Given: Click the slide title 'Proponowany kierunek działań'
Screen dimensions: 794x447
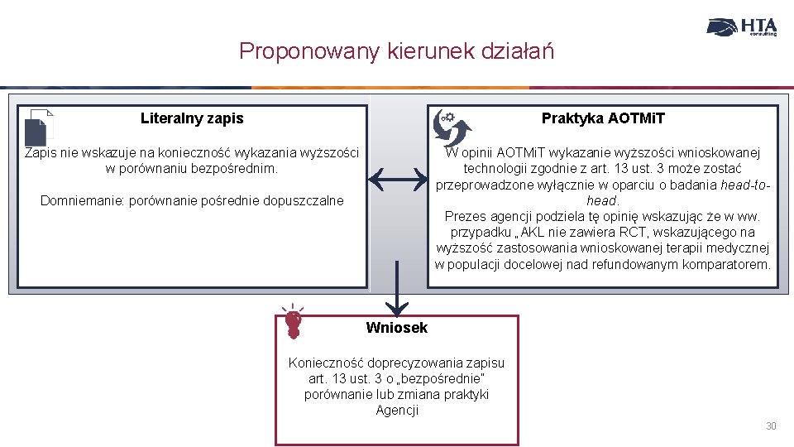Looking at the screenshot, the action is [396, 51].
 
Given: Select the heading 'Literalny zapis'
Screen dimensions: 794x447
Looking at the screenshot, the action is [192, 118].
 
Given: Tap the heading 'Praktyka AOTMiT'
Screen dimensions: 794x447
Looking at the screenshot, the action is [603, 118].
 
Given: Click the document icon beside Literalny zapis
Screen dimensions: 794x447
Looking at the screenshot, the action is [39, 128].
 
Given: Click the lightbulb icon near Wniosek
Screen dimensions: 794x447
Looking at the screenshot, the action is [292, 321].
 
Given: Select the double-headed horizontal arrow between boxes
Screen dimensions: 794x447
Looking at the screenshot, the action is [397, 176].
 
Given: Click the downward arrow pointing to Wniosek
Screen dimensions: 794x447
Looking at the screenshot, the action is [397, 290].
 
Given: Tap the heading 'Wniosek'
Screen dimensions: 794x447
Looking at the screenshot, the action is [397, 328].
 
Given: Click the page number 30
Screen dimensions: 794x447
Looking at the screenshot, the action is [771, 426].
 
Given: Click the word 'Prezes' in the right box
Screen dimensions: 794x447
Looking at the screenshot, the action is [465, 217].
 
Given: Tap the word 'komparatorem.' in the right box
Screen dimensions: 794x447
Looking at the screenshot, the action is [727, 265].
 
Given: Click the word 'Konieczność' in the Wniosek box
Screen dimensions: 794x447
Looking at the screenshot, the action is [325, 363].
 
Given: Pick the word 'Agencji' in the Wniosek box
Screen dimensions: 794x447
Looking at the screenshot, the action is [397, 411].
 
